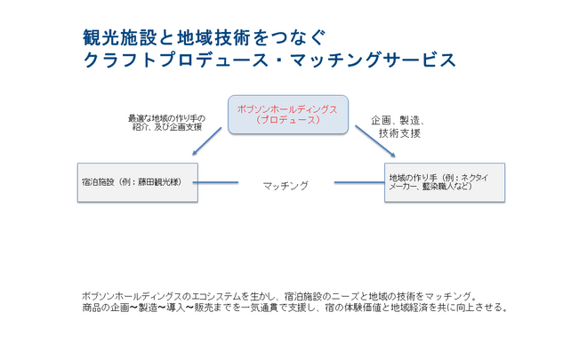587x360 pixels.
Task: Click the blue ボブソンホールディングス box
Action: (x=288, y=115)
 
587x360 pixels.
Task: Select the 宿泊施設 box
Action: (x=138, y=182)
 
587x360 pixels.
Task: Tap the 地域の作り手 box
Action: (x=445, y=182)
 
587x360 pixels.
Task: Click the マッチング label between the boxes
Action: (x=285, y=186)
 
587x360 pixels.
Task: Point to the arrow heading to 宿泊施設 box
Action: (x=206, y=141)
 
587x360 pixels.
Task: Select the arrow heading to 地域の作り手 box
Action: (x=375, y=141)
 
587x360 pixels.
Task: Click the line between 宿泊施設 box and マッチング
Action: (x=215, y=182)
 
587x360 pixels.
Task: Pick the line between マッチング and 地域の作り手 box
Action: (x=359, y=182)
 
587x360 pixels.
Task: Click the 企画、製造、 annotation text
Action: (x=398, y=121)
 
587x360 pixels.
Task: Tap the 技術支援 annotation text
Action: (x=399, y=133)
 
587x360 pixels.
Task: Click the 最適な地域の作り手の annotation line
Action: (x=166, y=118)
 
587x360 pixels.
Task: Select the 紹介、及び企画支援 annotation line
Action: (x=167, y=127)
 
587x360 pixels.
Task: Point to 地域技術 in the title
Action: (x=213, y=38)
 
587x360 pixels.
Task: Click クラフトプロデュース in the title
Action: (x=175, y=60)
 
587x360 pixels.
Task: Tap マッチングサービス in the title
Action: (x=374, y=60)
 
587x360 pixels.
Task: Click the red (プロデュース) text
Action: (x=288, y=120)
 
